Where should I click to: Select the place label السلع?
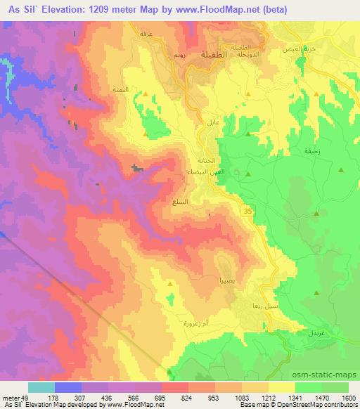click(179, 202)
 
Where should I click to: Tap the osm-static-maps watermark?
click(328, 377)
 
